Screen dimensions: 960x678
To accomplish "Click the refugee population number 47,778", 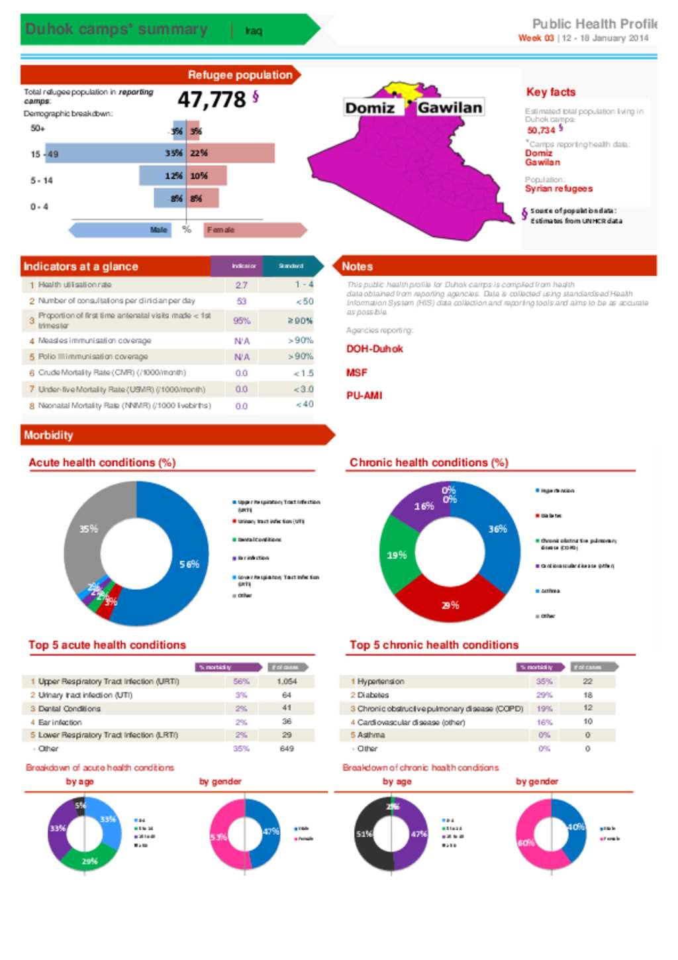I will point(211,100).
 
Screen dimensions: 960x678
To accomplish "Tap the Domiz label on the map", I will point(369,108).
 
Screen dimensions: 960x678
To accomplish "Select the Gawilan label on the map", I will point(450,107).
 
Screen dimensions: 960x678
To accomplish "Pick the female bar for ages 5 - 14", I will point(207,176).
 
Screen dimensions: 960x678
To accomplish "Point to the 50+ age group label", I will point(38,129).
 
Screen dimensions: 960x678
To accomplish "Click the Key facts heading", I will point(550,92).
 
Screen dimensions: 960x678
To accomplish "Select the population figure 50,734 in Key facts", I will point(541,131).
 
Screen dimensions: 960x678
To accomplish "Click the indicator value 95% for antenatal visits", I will point(242,321).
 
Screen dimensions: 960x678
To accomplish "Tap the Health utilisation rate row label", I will point(75,285).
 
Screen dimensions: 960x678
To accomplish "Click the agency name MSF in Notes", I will point(356,373).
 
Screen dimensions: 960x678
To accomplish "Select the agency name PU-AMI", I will point(364,396).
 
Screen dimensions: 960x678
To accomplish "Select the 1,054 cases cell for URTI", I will point(287,681).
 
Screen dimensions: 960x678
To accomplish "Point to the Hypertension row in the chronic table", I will point(381,681).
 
